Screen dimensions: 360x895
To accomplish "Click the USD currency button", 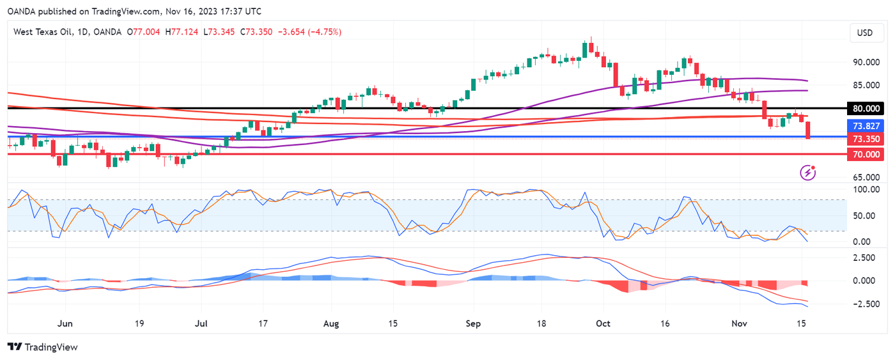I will pos(864,33).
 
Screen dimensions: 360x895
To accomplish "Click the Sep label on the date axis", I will pos(472,325).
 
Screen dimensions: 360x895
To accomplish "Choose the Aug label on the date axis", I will pos(331,325).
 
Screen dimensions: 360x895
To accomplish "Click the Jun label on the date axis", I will pos(64,325).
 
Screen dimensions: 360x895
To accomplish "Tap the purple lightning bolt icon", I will pos(809,172).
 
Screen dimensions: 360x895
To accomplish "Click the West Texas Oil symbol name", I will pos(48,32).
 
